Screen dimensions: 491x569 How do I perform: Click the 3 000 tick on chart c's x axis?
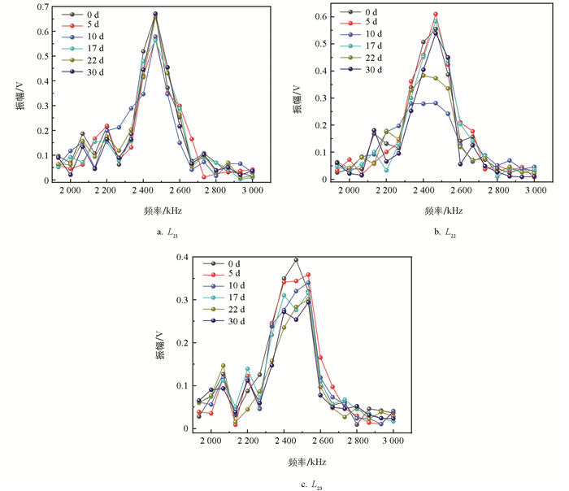pyautogui.click(x=393, y=441)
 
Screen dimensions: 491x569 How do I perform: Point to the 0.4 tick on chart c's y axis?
pyautogui.click(x=184, y=257)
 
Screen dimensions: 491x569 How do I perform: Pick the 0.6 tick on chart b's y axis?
pyautogui.click(x=320, y=16)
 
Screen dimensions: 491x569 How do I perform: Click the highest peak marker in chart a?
pyautogui.click(x=155, y=14)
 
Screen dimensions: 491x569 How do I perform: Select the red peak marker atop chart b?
pyautogui.click(x=436, y=14)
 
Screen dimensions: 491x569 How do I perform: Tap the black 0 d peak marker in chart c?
pyautogui.click(x=296, y=260)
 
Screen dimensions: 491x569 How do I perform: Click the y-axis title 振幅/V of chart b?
pyautogui.click(x=297, y=94)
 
